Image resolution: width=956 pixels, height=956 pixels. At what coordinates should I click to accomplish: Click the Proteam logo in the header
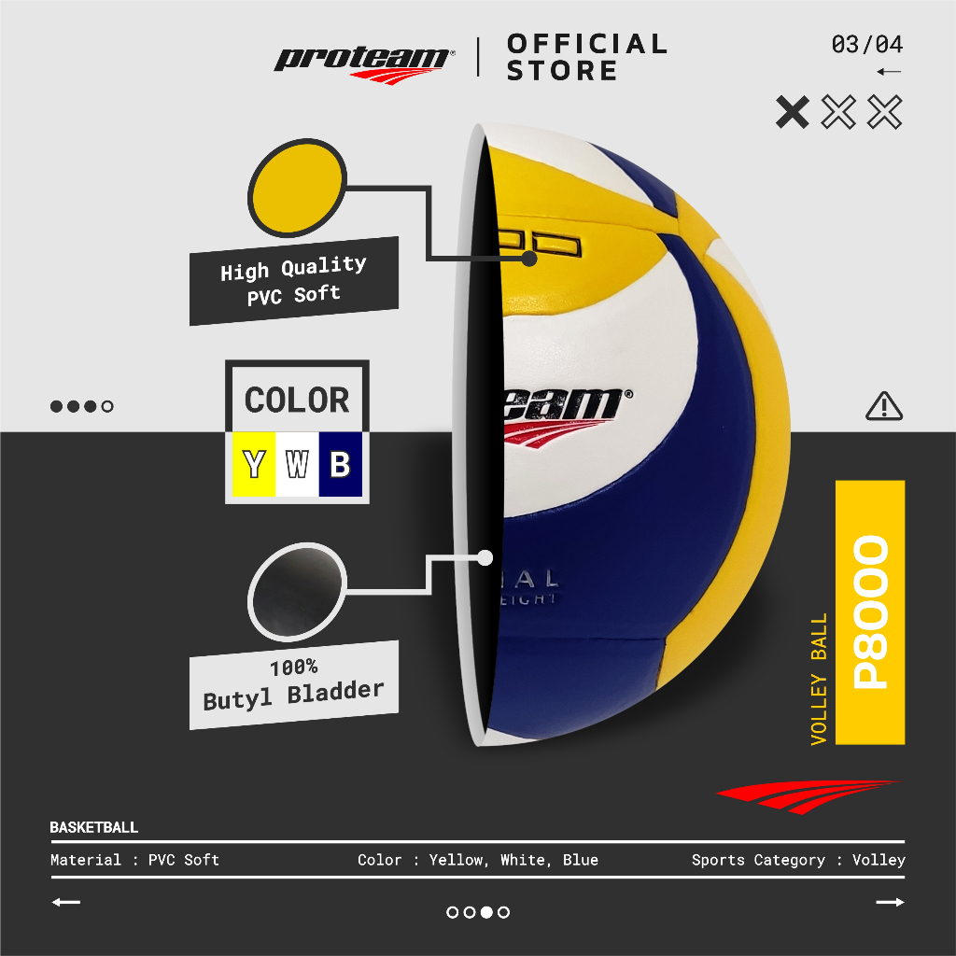363,62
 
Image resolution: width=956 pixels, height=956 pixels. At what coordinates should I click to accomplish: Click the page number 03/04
866,45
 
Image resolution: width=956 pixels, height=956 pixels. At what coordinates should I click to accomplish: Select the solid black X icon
793,112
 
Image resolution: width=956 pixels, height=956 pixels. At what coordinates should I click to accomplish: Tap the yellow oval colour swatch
296,194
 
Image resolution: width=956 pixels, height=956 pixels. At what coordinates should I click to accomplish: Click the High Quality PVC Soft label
293,281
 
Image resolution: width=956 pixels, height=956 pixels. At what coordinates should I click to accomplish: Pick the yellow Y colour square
253,464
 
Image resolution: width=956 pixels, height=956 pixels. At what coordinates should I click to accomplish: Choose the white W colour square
297,464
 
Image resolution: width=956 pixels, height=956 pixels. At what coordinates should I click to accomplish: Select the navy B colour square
340,464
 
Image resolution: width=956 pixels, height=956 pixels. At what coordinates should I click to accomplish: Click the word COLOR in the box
297,401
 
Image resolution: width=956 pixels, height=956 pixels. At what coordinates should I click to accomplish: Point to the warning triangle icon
883,406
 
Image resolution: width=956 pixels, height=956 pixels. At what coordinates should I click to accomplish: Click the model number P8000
870,612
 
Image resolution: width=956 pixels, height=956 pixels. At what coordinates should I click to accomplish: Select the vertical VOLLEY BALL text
819,679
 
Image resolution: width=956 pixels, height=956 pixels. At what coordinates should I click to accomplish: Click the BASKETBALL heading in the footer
93,827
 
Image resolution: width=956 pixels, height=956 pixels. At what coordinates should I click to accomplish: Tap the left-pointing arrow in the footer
66,903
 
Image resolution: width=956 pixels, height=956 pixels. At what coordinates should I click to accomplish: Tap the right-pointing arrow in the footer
890,903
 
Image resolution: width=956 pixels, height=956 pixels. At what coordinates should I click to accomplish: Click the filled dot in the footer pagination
486,912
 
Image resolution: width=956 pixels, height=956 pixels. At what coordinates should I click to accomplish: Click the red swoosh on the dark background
805,795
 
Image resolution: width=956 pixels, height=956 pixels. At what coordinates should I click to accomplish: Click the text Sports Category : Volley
798,860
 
